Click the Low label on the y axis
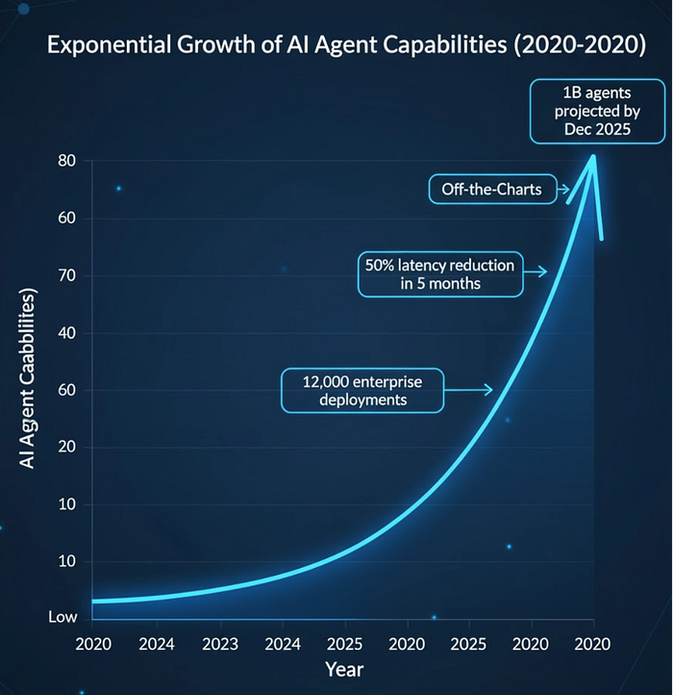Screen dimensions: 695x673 [x=63, y=617]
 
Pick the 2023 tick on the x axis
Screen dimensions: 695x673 [x=220, y=643]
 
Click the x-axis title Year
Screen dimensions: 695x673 [x=343, y=668]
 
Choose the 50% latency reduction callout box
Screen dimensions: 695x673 [x=440, y=274]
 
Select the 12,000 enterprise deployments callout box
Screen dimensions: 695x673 [x=362, y=392]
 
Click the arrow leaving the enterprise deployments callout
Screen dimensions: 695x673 [x=470, y=390]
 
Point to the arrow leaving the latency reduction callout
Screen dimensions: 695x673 [x=535, y=272]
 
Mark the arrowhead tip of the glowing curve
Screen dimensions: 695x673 [x=593, y=156]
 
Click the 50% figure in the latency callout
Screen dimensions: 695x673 [x=381, y=265]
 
